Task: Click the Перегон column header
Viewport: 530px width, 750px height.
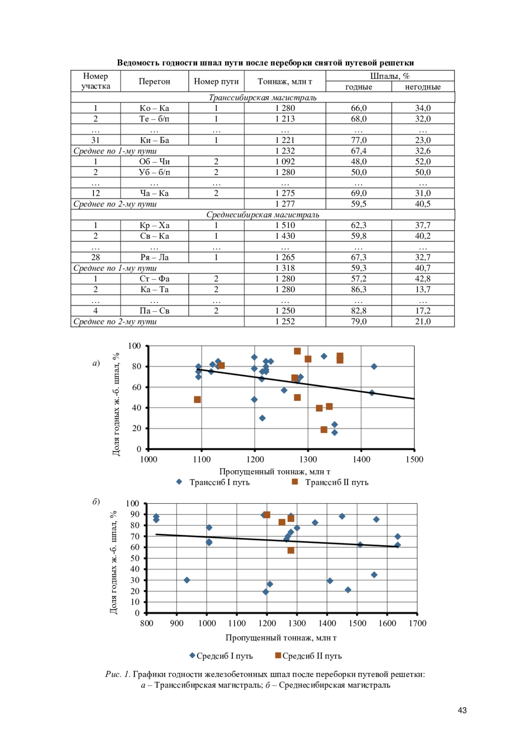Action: pos(154,81)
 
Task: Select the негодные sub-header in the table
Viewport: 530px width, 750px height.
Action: pos(423,87)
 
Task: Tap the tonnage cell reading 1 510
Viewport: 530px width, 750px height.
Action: pos(285,225)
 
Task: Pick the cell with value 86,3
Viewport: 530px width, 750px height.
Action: pos(358,289)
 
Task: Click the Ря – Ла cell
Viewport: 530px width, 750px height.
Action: pos(154,257)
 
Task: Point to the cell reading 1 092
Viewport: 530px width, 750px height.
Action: pos(285,161)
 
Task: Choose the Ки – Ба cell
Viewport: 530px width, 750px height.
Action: pos(154,140)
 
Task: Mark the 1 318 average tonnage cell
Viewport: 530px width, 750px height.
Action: pos(285,268)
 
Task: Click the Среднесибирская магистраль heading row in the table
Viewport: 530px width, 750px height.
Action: pos(262,215)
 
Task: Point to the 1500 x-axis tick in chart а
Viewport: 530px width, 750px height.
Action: pos(414,460)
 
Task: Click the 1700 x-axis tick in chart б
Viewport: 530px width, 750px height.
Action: pos(417,624)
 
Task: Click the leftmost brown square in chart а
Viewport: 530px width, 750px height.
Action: pos(197,400)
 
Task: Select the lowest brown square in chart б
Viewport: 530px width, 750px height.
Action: pos(291,550)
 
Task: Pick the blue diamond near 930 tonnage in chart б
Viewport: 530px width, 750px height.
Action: pos(187,580)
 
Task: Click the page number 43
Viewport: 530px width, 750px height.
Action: pos(462,710)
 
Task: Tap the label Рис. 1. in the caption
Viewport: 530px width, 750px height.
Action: pos(117,674)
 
